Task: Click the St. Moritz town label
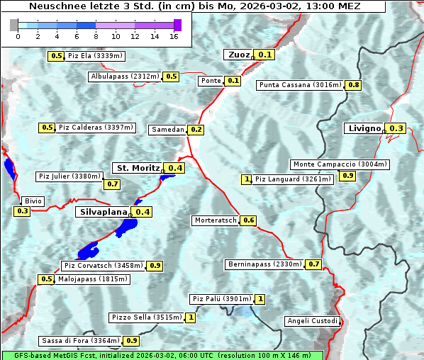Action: pos(138,168)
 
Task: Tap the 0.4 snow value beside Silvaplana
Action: pos(143,212)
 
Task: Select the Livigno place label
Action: pos(364,128)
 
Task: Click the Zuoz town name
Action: pos(238,55)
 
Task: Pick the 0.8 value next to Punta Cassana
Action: pos(354,85)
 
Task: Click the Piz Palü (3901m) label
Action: pos(221,299)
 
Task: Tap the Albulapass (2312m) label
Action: pos(125,77)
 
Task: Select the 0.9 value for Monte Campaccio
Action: pos(347,176)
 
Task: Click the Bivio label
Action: pos(33,201)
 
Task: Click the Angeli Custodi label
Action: pos(313,321)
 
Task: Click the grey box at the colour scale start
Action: pos(14,26)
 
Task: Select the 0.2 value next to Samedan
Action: pos(196,130)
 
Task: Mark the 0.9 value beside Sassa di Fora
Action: pos(132,341)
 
